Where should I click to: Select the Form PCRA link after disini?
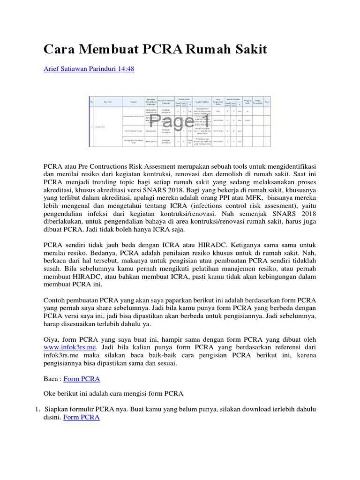point(81,417)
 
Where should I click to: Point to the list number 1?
point(38,409)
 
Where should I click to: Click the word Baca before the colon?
point(52,378)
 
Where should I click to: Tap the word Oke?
point(50,393)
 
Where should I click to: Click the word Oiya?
point(51,339)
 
